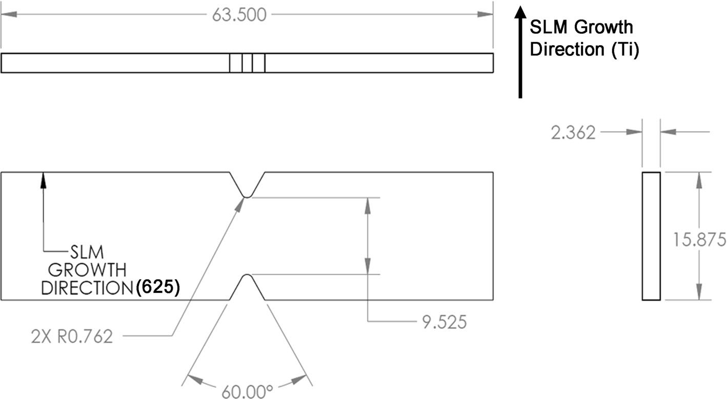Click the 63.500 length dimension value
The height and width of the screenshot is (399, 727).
(239, 15)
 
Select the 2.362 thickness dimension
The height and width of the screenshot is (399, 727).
(573, 133)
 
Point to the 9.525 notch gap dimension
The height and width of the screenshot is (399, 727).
(443, 322)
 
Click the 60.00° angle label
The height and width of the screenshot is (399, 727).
(248, 392)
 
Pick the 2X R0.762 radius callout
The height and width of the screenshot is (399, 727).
(71, 337)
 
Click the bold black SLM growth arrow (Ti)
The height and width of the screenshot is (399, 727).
(520, 51)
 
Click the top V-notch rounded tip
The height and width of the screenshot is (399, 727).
(247, 195)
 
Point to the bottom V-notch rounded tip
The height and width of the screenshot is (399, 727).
(247, 276)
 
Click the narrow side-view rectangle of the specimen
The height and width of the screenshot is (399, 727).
(651, 236)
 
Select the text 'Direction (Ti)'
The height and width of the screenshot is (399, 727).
(584, 50)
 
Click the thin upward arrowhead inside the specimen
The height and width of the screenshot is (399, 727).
(44, 178)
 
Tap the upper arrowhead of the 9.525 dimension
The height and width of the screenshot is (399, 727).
(367, 204)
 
